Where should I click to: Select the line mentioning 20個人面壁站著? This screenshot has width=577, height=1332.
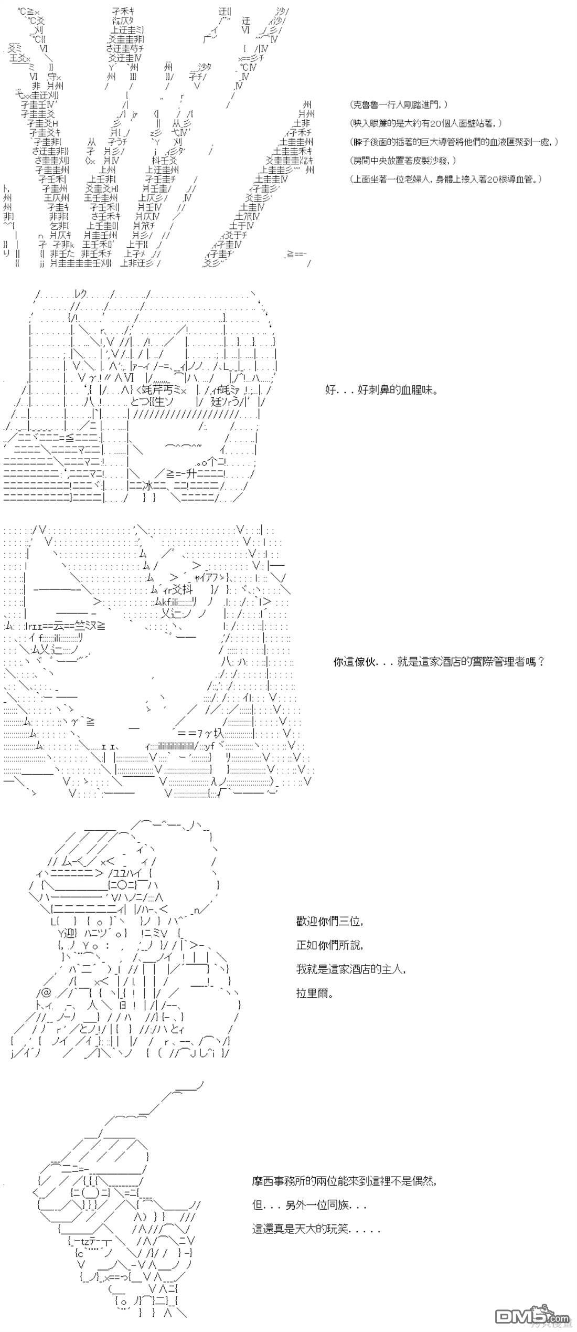(426, 123)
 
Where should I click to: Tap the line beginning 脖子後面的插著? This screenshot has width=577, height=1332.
(454, 142)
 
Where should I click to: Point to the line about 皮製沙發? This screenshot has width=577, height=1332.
(402, 161)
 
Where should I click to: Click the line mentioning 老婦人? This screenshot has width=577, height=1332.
(445, 179)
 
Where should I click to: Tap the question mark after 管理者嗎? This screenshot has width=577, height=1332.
(541, 662)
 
